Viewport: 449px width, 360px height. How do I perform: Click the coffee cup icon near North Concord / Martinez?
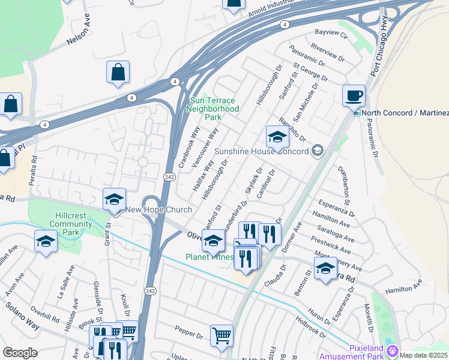click(x=354, y=95)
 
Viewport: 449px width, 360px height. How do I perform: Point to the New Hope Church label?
click(x=158, y=209)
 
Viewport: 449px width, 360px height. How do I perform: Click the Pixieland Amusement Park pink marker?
click(x=393, y=350)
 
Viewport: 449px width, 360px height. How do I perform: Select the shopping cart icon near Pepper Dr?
click(x=221, y=336)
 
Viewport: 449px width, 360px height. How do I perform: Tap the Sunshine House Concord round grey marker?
click(x=318, y=151)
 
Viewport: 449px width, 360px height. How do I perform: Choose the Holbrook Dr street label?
click(x=310, y=326)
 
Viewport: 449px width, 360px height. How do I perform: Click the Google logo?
click(x=20, y=353)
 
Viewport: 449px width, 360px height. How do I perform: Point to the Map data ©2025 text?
click(x=423, y=355)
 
